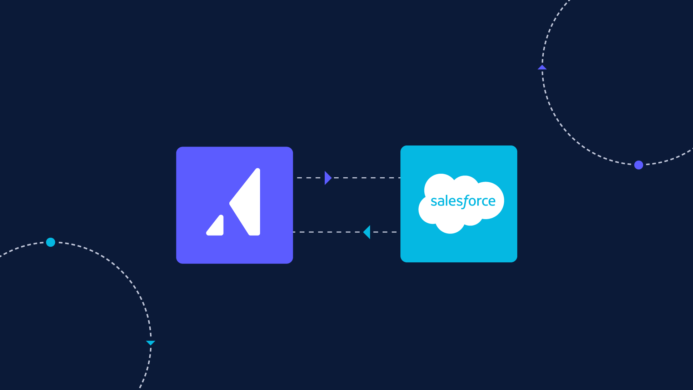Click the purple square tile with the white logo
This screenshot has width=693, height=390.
coord(234,205)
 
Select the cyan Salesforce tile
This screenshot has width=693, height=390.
coord(459,204)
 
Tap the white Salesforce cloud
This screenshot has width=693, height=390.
coord(461,203)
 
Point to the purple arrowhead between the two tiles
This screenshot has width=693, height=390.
coord(328,178)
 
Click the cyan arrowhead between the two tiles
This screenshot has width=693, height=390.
coord(367,232)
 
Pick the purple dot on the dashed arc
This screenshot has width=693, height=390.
coord(639,165)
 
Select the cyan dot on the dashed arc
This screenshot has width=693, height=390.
coord(51,242)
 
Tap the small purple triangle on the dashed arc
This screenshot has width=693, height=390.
coord(542,67)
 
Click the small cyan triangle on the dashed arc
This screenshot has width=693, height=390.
coord(151,343)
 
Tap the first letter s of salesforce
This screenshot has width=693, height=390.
coord(434,202)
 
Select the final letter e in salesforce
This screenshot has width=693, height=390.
coord(492,202)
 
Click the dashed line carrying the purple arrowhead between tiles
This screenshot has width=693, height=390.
coord(349,178)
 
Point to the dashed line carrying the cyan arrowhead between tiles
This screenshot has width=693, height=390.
coord(345,232)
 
